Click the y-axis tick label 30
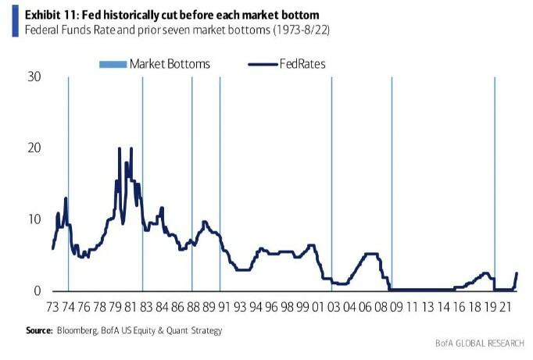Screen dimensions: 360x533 [33, 77]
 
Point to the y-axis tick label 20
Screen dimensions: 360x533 [33, 148]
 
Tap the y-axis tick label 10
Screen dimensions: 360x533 [33, 219]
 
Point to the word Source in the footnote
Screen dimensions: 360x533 [40, 330]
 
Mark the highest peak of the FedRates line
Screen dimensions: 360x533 [131, 148]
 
